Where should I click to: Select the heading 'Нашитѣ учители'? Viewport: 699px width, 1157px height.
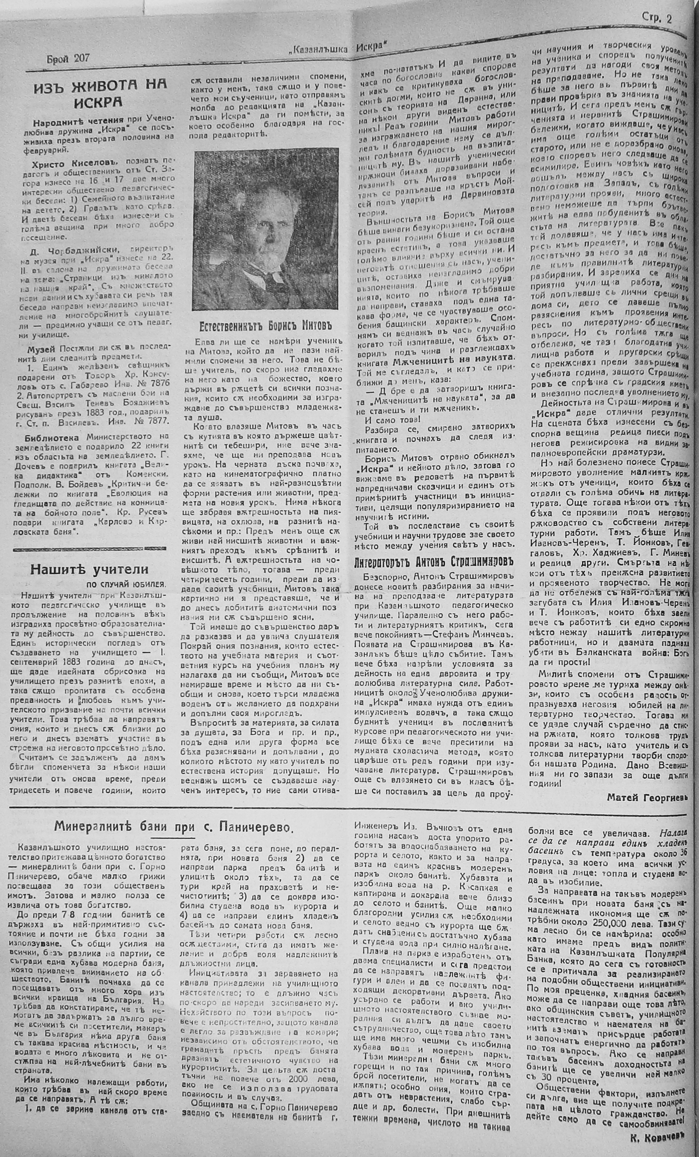click(89, 569)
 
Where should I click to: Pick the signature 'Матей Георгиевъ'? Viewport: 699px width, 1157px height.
click(646, 797)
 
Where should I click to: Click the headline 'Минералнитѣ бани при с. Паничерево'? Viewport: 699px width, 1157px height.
click(173, 826)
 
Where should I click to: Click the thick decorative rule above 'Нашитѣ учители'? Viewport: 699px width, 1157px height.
click(90, 548)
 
